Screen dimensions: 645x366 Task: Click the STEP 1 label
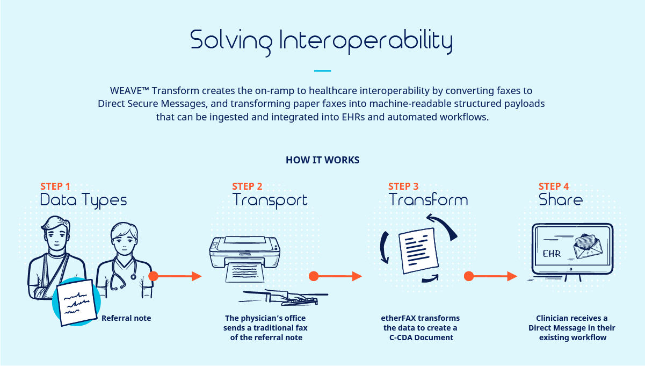pyautogui.click(x=55, y=186)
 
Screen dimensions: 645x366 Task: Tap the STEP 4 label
pyautogui.click(x=554, y=186)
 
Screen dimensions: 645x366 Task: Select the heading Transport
pyautogui.click(x=270, y=200)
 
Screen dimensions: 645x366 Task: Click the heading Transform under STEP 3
pyautogui.click(x=428, y=200)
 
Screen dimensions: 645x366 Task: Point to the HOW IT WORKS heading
pyautogui.click(x=322, y=160)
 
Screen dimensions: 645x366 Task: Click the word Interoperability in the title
pyautogui.click(x=366, y=41)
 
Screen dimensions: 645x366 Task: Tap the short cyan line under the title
pyautogui.click(x=322, y=70)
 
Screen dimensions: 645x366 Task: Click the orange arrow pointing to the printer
pyautogui.click(x=175, y=276)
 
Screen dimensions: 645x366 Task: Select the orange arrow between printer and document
pyautogui.click(x=336, y=276)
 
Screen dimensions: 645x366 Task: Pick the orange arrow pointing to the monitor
pyautogui.click(x=491, y=276)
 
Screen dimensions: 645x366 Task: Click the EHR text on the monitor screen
pyautogui.click(x=552, y=254)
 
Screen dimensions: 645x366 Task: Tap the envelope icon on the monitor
pyautogui.click(x=588, y=246)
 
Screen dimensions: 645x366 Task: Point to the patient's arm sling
pyautogui.click(x=47, y=277)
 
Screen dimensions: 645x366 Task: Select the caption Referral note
pyautogui.click(x=126, y=318)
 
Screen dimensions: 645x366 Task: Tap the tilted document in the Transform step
pyautogui.click(x=419, y=251)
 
